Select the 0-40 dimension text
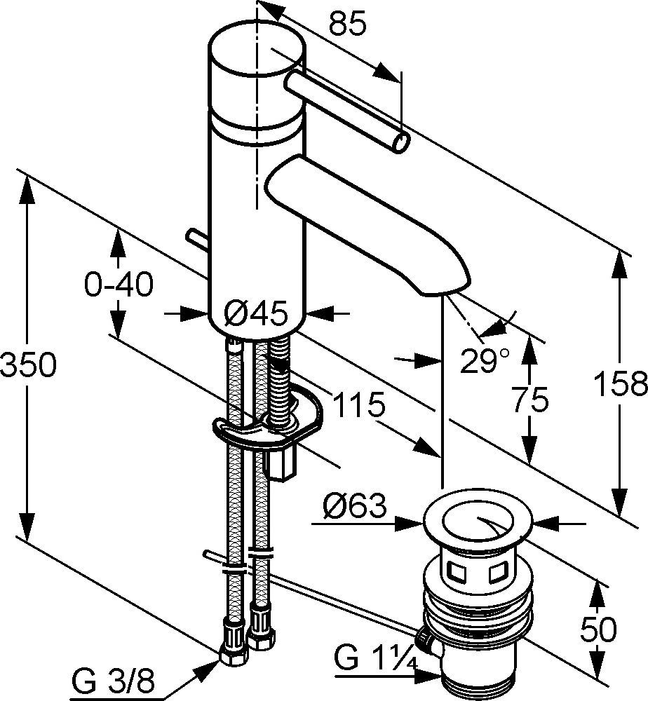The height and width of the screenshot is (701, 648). [x=117, y=285]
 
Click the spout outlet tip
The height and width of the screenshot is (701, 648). [x=444, y=287]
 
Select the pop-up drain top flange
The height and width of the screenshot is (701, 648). [x=478, y=522]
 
